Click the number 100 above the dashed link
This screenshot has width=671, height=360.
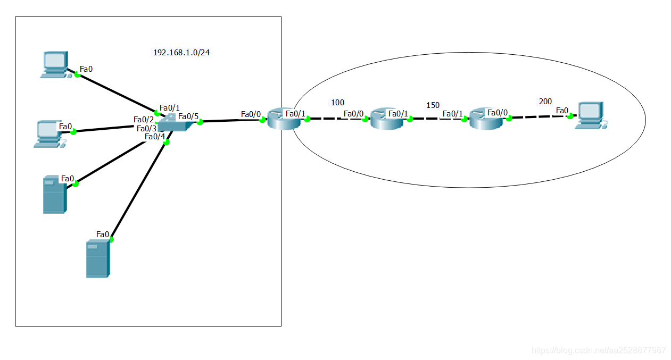[338, 102]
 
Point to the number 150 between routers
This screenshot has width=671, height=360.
[433, 105]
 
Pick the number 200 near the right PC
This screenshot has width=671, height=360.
[545, 101]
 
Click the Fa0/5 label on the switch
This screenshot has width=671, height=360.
[188, 116]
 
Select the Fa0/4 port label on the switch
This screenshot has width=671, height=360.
[155, 137]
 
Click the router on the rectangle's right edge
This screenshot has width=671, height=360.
[284, 119]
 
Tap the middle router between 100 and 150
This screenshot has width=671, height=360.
[387, 119]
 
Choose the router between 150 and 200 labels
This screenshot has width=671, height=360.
[486, 119]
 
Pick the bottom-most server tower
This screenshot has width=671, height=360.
[97, 258]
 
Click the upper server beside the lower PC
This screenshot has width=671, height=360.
[54, 195]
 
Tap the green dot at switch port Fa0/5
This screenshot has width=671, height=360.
[200, 122]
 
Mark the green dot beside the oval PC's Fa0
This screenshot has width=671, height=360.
[570, 116]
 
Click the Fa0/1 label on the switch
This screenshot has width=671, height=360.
[170, 107]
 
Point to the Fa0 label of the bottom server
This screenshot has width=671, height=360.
[103, 234]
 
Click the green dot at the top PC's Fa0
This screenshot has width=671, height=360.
[77, 75]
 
